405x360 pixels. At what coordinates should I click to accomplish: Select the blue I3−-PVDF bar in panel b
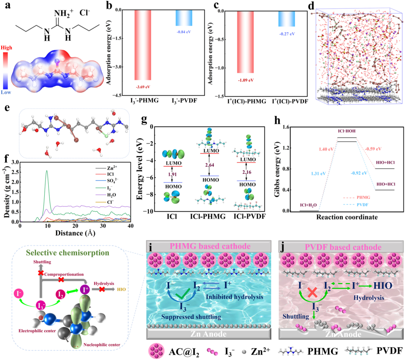coord(184,18)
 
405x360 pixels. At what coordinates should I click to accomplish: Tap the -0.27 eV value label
coord(286,34)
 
